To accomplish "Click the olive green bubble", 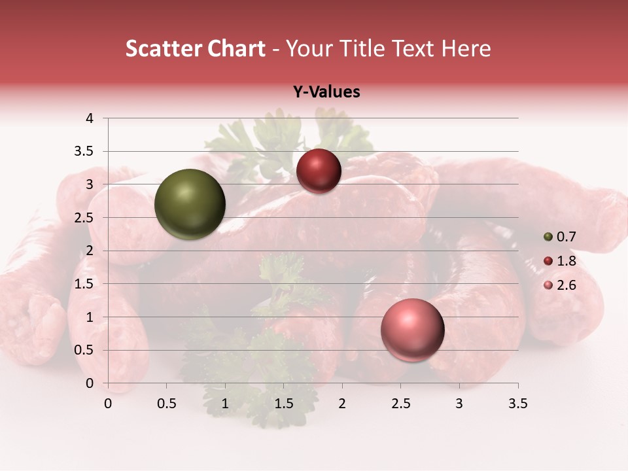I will (x=190, y=204).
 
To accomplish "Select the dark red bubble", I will (x=319, y=171).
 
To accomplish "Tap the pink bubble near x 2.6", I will (x=412, y=330).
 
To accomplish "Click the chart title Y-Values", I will (x=326, y=92).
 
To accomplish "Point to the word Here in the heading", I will (x=466, y=48).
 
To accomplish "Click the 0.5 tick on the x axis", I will (x=167, y=404).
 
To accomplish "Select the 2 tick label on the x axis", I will (x=342, y=404).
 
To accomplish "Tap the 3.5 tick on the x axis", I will (x=518, y=404).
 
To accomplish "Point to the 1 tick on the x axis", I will (x=225, y=404).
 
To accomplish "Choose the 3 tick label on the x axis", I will (x=459, y=404).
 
